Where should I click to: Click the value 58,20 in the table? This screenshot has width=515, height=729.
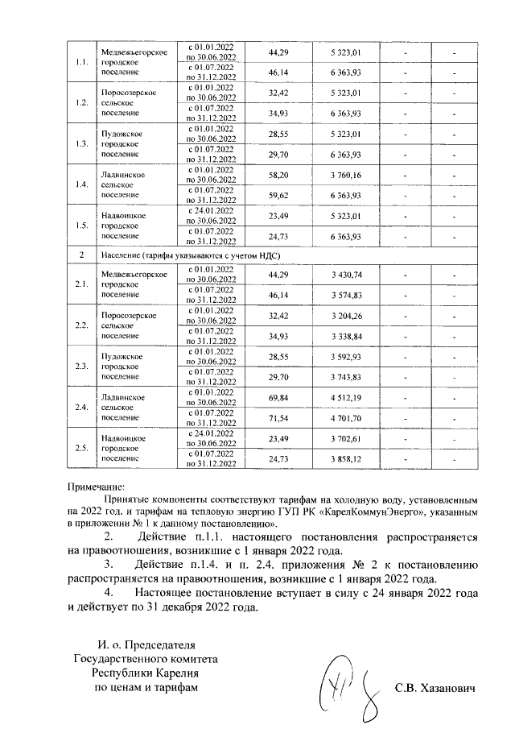[278, 175]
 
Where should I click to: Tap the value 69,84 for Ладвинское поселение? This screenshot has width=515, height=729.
[278, 396]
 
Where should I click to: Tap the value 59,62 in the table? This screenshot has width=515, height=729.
[278, 193]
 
